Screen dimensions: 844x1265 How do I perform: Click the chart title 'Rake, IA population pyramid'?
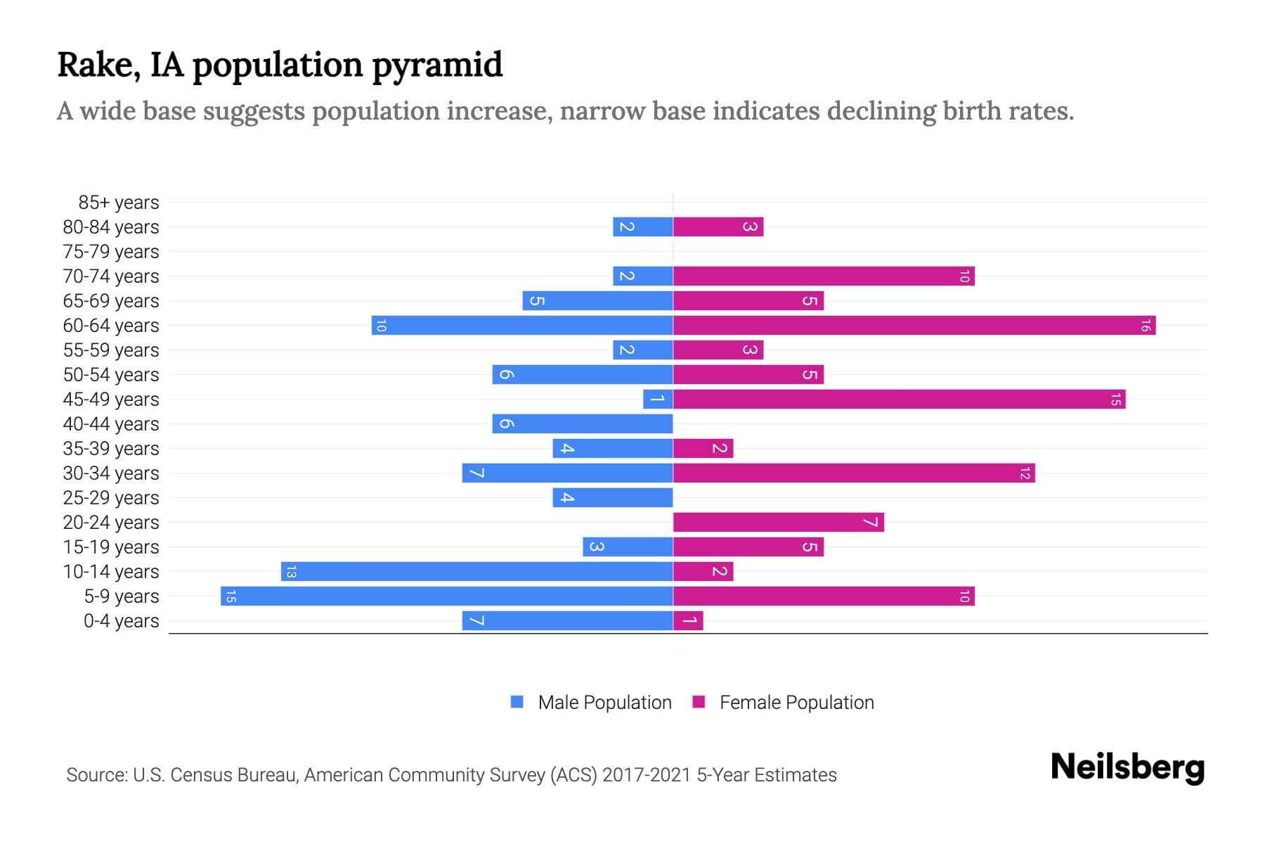pyautogui.click(x=280, y=65)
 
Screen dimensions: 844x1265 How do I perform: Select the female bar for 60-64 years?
pyautogui.click(x=914, y=326)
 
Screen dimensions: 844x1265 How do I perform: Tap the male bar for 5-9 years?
pyautogui.click(x=447, y=596)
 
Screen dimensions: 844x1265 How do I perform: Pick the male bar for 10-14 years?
pyautogui.click(x=476, y=572)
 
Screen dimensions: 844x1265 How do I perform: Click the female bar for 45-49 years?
pyautogui.click(x=899, y=399)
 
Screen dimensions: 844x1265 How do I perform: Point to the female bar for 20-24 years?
pyautogui.click(x=778, y=523)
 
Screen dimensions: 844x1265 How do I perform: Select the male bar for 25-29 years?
pyautogui.click(x=612, y=498)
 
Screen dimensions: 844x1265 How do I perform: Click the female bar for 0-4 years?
pyautogui.click(x=688, y=621)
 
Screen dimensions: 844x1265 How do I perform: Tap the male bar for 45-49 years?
pyautogui.click(x=658, y=399)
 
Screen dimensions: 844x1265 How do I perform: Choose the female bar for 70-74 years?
pyautogui.click(x=824, y=276)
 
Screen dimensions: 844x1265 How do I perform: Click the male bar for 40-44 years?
pyautogui.click(x=583, y=424)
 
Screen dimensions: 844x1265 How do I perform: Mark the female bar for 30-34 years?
pyautogui.click(x=854, y=473)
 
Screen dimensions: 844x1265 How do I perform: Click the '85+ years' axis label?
pyautogui.click(x=118, y=203)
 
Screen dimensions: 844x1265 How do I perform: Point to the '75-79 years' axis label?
pyautogui.click(x=111, y=252)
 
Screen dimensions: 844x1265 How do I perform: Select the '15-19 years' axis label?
pyautogui.click(x=111, y=547)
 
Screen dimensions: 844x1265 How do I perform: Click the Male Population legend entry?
pyautogui.click(x=604, y=703)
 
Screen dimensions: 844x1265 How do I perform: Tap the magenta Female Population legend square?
pyautogui.click(x=699, y=702)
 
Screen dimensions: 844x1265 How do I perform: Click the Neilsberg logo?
pyautogui.click(x=1127, y=767)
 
